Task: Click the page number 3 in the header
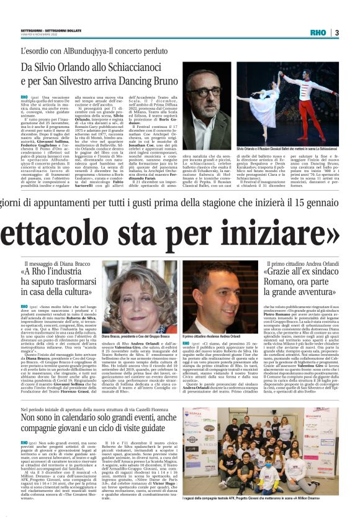[336, 32]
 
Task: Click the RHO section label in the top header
[317, 32]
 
